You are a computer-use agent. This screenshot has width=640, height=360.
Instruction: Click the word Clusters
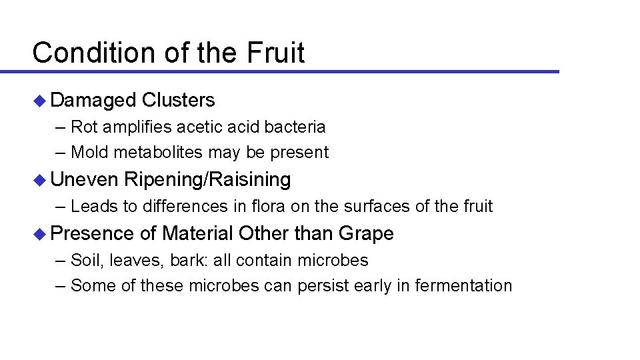[178, 100]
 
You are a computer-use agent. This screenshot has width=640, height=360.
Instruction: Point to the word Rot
[83, 127]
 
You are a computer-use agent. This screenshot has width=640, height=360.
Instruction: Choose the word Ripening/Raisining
[207, 179]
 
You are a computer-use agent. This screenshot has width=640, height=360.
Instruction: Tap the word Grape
[366, 233]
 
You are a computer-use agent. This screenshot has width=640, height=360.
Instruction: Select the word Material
[197, 233]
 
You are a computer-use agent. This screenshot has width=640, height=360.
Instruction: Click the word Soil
[85, 259]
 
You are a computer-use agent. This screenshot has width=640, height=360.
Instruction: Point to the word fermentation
[463, 286]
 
